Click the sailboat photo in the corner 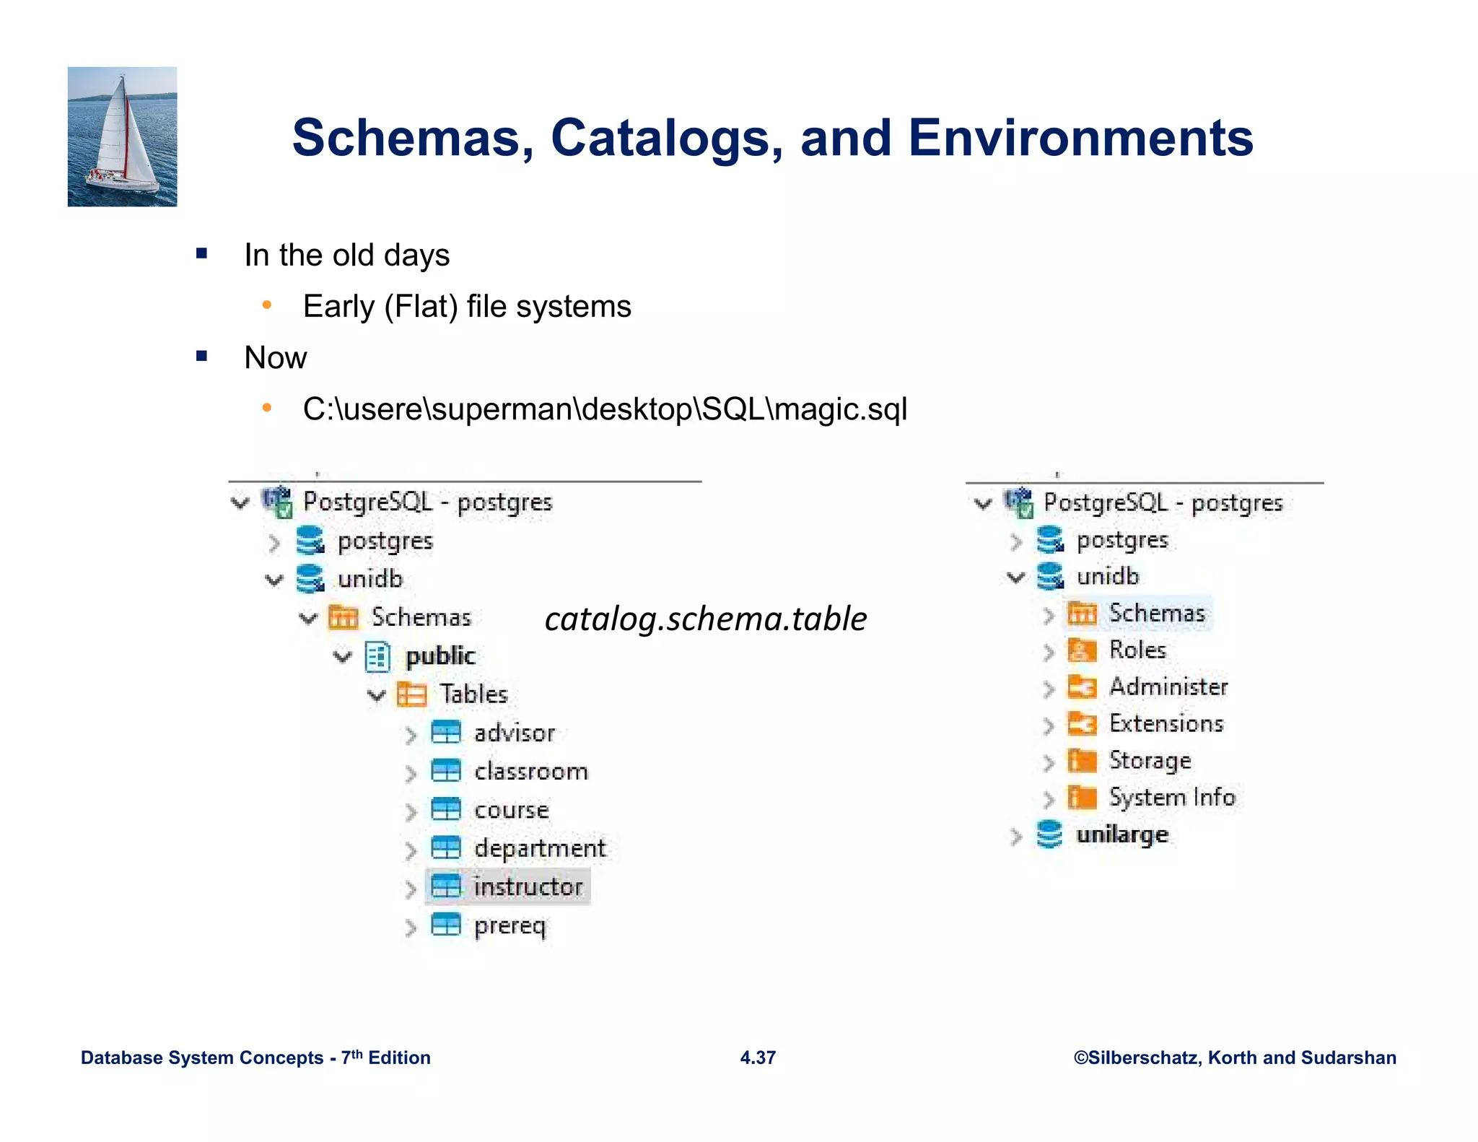122,136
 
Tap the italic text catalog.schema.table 705,619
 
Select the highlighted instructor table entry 527,886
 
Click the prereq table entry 509,925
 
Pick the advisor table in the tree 514,733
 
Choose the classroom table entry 530,771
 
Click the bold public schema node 440,655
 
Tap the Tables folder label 473,694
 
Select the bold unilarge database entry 1121,834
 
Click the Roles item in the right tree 1137,650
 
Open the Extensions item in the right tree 1166,723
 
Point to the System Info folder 1171,797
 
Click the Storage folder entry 1149,760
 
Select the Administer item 1168,686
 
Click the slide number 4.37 757,1058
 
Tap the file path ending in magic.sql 604,409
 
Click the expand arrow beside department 411,850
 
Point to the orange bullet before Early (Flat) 267,305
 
